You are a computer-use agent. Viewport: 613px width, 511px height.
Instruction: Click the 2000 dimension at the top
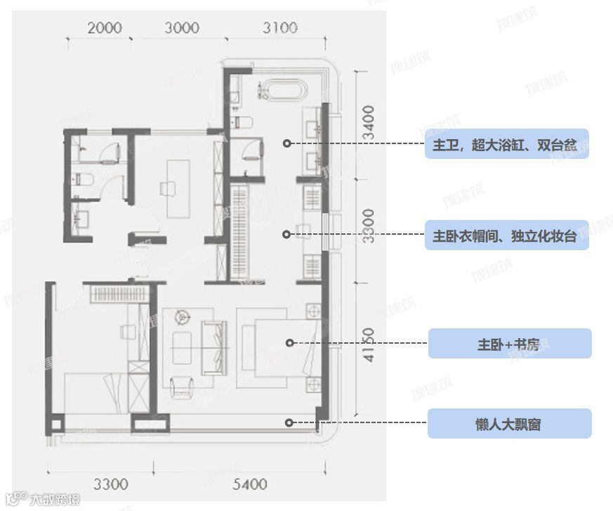[105, 28]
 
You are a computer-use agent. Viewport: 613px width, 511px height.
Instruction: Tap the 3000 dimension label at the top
[182, 28]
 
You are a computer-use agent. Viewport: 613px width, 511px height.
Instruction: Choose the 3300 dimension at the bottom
[111, 484]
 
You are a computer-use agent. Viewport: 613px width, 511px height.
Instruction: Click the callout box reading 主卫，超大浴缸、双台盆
[506, 144]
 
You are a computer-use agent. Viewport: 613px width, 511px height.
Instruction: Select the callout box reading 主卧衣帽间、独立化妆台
[506, 235]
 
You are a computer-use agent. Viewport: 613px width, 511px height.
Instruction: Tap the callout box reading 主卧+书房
[510, 344]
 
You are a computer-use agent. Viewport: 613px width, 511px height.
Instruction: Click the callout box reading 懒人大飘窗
[510, 424]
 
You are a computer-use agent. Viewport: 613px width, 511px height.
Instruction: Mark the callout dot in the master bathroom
[286, 143]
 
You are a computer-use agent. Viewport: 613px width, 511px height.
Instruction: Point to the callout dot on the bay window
[288, 422]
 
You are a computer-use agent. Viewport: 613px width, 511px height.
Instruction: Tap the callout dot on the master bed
[289, 342]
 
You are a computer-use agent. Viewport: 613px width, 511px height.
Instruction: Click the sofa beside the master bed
[214, 348]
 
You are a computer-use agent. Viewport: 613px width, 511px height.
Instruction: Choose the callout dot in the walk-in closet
[286, 235]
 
